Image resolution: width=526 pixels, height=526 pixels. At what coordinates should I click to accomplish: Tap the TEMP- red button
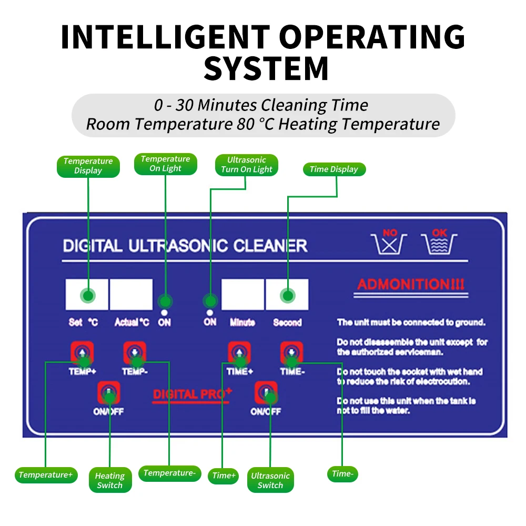[134, 352]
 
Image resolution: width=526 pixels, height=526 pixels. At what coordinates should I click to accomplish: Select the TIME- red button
[291, 352]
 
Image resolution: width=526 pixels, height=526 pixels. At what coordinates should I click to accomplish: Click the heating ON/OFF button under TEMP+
[109, 392]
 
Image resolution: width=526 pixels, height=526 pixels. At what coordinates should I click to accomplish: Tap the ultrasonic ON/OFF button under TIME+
[266, 392]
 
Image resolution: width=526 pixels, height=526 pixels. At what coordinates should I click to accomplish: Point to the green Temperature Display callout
[88, 166]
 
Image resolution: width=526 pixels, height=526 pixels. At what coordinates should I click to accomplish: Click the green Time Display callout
[333, 169]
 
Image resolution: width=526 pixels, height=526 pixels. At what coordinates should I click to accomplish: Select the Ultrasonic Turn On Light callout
[246, 165]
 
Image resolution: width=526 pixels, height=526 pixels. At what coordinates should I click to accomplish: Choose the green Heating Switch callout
[110, 480]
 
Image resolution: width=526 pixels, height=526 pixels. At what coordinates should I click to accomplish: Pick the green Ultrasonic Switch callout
[270, 480]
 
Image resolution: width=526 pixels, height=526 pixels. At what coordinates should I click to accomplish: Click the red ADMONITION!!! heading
[411, 285]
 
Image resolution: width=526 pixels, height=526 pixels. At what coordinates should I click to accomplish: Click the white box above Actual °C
[131, 295]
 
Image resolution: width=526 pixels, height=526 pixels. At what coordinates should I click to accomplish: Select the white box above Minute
[242, 295]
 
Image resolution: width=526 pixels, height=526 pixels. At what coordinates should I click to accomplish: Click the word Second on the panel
[287, 322]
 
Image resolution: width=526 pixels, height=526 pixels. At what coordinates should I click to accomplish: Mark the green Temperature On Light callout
[165, 164]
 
